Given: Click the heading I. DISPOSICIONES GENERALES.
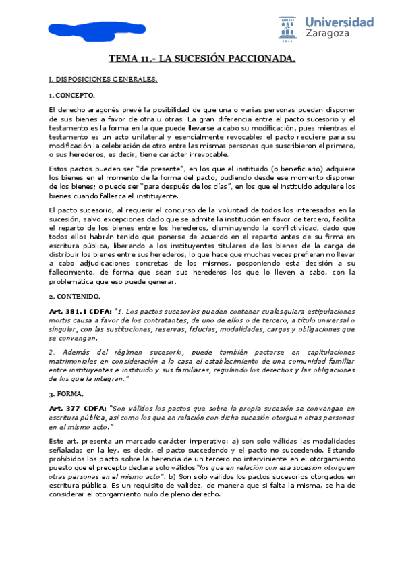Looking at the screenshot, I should [103, 80].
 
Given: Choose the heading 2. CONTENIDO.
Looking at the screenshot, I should [74, 296].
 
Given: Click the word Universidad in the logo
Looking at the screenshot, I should [339, 22].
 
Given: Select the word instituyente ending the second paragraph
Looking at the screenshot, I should [160, 196].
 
